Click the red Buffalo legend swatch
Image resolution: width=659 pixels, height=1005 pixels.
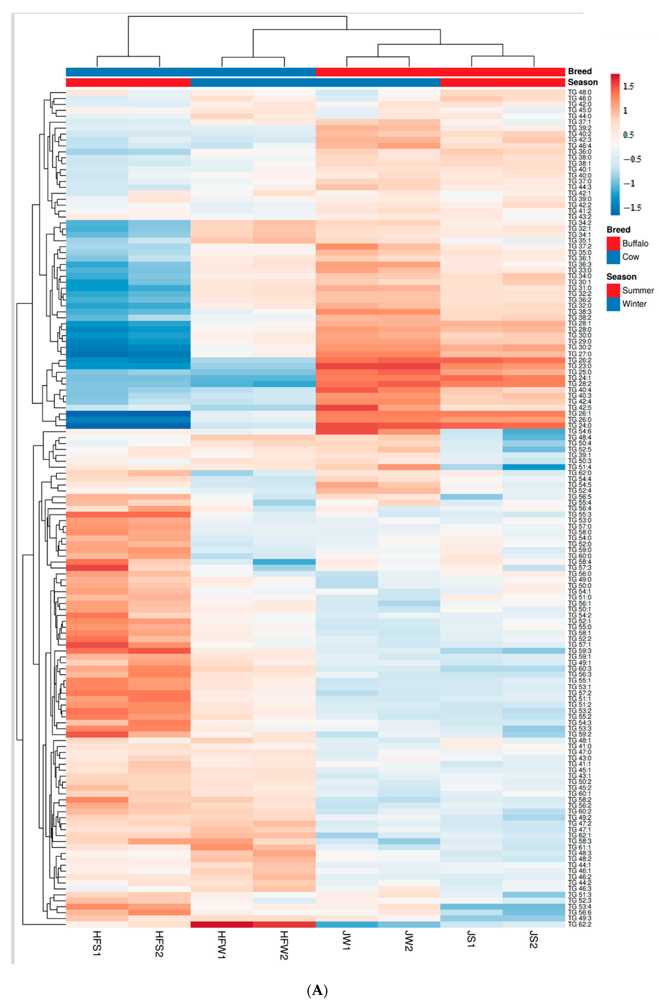(x=613, y=243)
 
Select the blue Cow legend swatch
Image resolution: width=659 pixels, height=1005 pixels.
(x=613, y=257)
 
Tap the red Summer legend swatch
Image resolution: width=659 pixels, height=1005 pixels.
(x=613, y=290)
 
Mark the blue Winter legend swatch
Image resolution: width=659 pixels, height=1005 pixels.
(x=613, y=304)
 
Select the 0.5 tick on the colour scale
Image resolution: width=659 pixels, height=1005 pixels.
(x=628, y=135)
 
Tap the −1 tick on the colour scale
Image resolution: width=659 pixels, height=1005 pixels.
(x=629, y=183)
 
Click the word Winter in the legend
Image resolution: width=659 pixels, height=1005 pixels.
(x=634, y=304)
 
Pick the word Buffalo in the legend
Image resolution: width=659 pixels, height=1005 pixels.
(x=635, y=243)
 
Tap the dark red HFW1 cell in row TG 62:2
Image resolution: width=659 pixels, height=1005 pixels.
(x=222, y=924)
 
